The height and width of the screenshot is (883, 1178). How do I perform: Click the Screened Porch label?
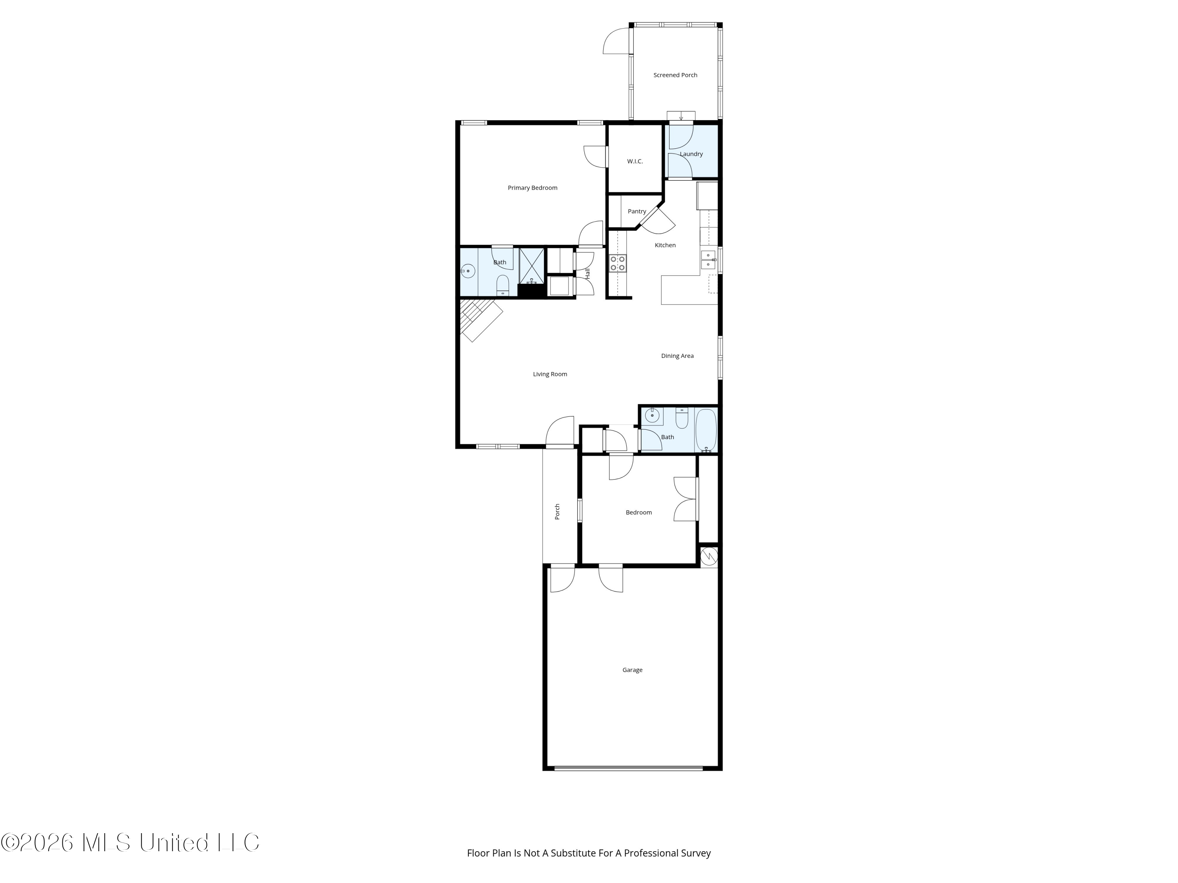675,75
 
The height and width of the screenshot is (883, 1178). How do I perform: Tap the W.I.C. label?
635,161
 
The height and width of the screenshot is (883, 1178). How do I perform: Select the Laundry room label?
691,154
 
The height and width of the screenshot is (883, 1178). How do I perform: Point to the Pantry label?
637,211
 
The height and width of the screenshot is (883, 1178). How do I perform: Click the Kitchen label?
665,245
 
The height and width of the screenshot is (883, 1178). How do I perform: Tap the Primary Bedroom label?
532,188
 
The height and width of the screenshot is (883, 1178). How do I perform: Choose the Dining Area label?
677,356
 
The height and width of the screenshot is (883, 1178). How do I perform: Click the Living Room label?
550,374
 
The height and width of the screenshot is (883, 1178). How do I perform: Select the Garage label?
633,670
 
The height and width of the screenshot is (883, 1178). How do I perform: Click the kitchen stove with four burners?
618,263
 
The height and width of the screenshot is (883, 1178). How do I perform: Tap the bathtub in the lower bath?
706,431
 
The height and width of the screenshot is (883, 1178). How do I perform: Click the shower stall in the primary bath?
532,266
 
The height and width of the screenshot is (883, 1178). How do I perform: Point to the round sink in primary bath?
468,272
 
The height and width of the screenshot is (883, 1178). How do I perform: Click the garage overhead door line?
628,768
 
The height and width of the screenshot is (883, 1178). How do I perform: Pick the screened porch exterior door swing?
617,41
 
